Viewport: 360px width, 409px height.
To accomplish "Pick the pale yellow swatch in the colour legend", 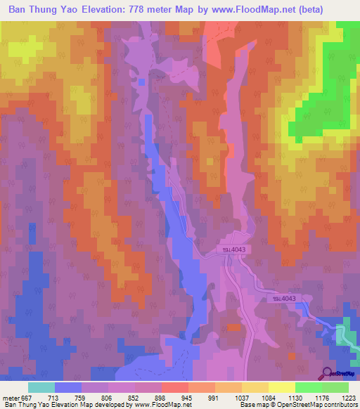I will coord(281,387).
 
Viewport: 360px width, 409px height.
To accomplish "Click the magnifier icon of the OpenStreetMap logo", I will coord(327,372).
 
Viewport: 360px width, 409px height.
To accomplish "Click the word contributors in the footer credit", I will coord(340,405).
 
